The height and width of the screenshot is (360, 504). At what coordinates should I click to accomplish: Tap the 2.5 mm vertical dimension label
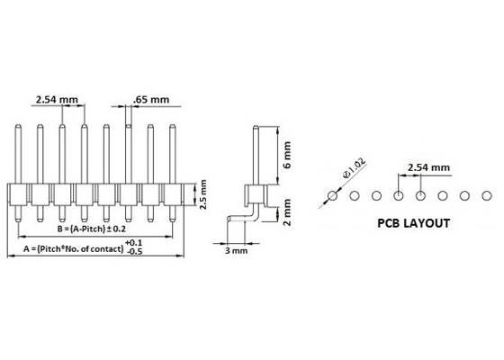tap(203, 193)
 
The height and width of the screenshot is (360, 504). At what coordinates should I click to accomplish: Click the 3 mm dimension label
tap(236, 251)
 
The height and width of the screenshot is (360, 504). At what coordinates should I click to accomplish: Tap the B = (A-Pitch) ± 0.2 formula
tap(97, 229)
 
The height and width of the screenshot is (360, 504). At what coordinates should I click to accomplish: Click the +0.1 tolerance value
tap(132, 243)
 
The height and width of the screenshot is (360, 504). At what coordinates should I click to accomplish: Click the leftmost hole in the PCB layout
tap(332, 194)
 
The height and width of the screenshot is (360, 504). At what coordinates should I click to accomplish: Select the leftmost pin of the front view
tap(18, 153)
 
